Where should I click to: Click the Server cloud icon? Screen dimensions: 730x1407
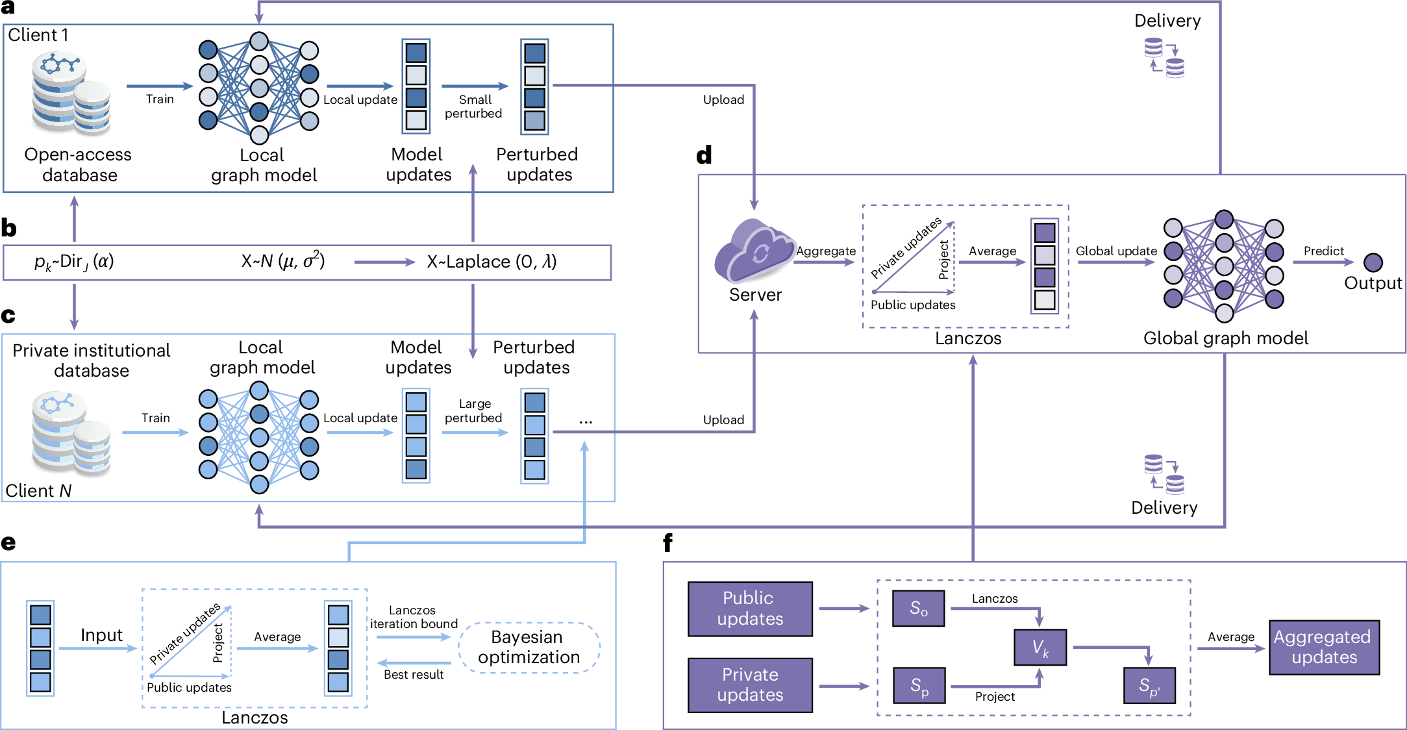(x=754, y=251)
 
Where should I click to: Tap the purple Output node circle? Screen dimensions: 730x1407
(x=1373, y=262)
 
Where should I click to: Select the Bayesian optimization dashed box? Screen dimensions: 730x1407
(x=529, y=647)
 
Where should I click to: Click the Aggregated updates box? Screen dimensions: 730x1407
(x=1323, y=647)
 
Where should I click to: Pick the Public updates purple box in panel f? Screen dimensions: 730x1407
(x=750, y=609)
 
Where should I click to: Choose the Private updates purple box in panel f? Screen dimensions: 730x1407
(x=750, y=685)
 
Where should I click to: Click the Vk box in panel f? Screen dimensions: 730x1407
(x=1040, y=647)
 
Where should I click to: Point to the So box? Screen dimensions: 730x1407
(x=918, y=609)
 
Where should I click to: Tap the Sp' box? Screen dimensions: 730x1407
(x=1149, y=685)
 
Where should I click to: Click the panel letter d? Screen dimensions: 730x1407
(x=704, y=155)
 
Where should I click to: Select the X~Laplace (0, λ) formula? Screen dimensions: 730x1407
(x=492, y=262)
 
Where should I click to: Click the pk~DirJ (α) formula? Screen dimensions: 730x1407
(x=74, y=262)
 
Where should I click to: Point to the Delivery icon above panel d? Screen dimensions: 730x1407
(x=1164, y=58)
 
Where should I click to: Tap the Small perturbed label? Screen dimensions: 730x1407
(x=473, y=107)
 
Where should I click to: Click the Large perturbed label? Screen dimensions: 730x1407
(x=473, y=411)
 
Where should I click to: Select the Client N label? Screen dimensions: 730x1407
(x=38, y=491)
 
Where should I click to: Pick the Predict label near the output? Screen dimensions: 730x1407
(x=1323, y=251)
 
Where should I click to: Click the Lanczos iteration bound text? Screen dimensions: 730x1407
(x=414, y=617)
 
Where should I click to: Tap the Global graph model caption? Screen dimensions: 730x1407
(x=1225, y=338)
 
